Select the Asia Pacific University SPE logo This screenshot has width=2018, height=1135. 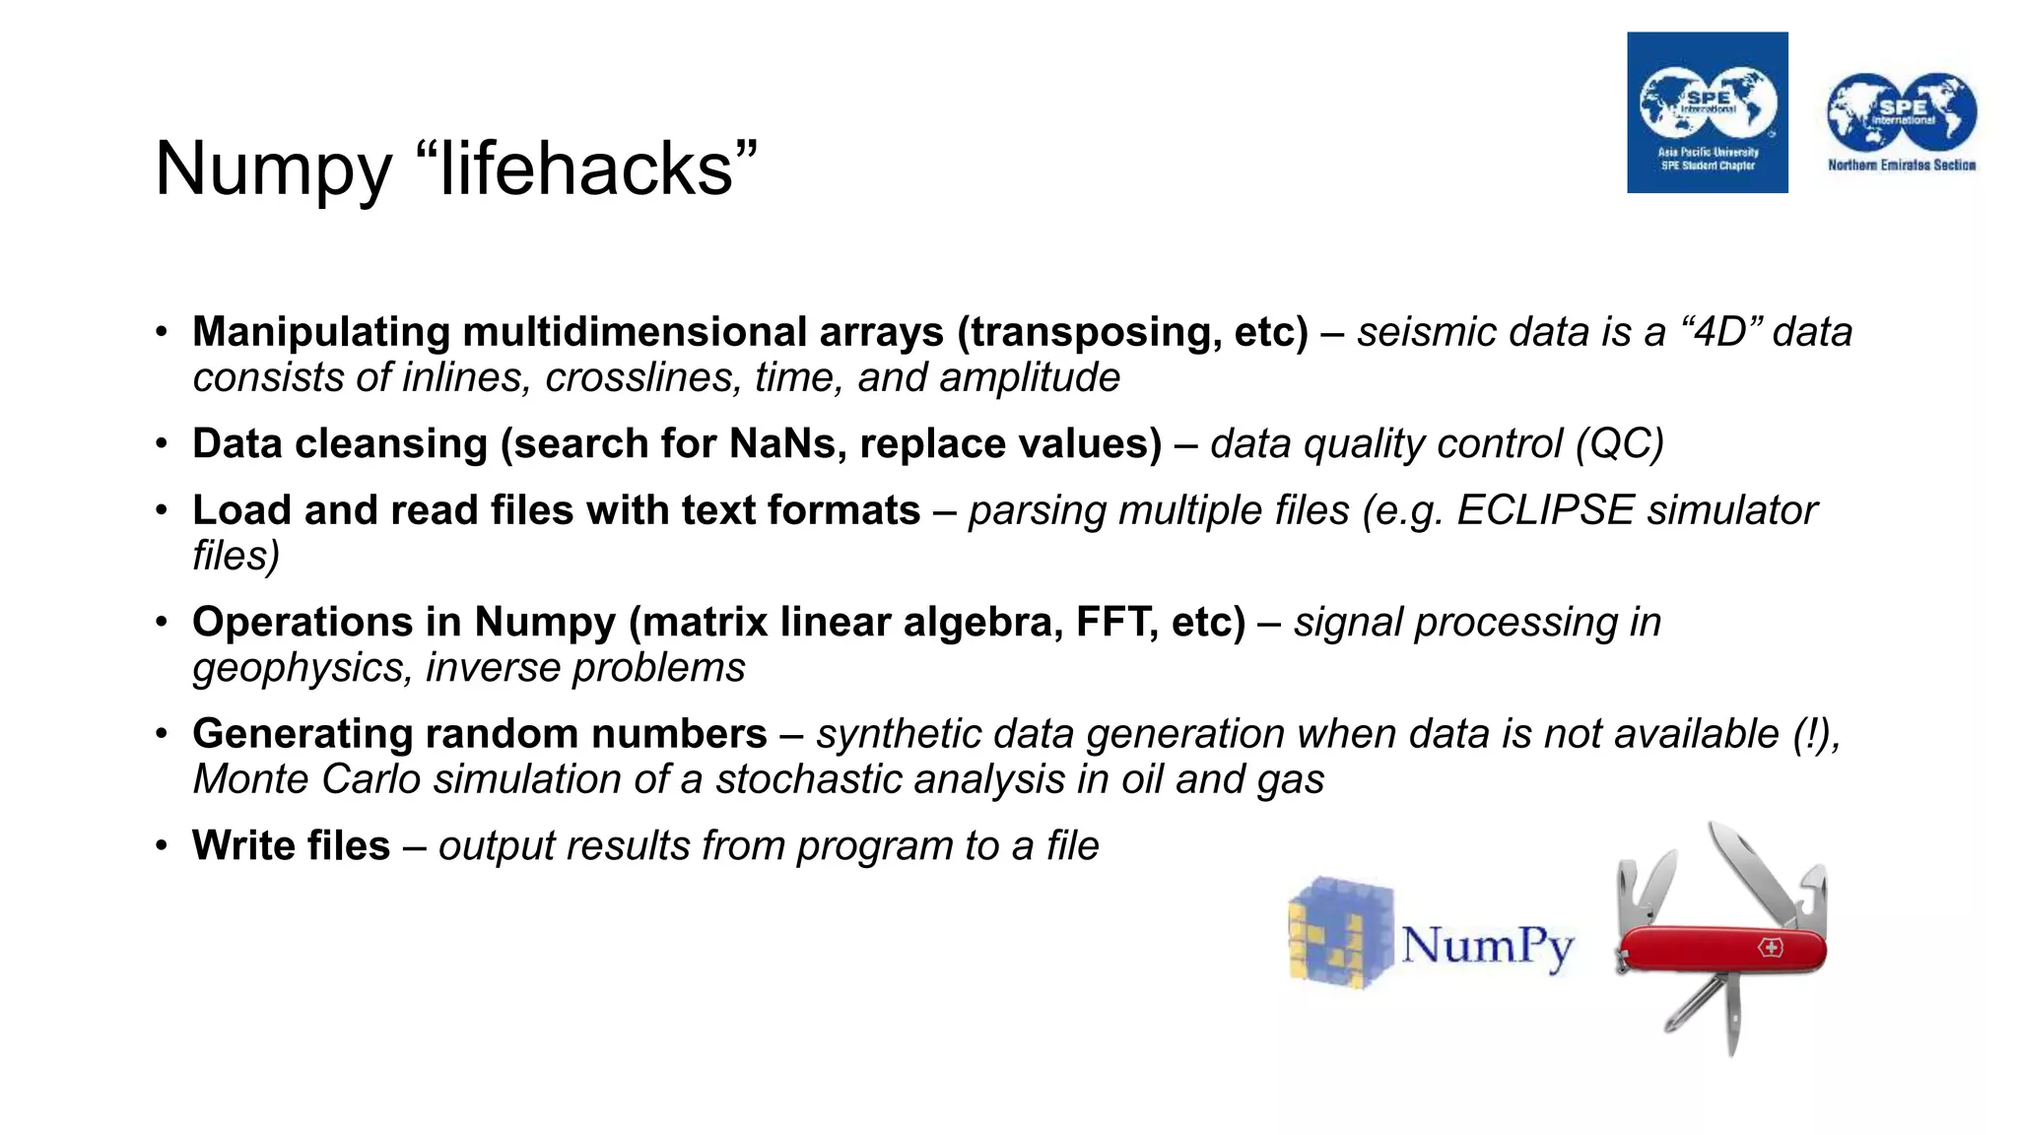pos(1707,112)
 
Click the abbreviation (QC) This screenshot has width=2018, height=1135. pos(1619,444)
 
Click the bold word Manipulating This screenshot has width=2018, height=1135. pos(321,332)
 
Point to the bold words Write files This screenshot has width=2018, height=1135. pos(292,846)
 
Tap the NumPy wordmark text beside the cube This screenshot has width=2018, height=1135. pos(1487,946)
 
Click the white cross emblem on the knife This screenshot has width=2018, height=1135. pos(1771,948)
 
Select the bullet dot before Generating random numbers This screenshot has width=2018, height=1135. pos(162,735)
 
